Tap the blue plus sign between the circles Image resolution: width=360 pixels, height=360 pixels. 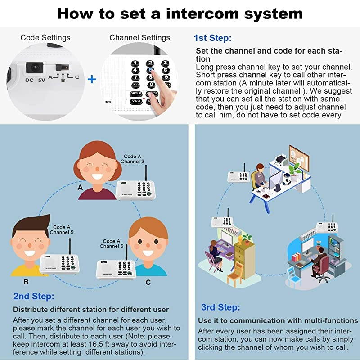tap(92, 79)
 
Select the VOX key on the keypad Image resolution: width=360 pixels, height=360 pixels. tap(135, 101)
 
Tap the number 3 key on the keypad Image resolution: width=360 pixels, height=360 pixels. tap(165, 63)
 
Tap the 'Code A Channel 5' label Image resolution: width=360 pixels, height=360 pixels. tap(62, 230)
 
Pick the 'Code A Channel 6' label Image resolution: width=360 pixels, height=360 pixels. tap(112, 244)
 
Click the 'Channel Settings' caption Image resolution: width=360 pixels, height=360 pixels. tap(140, 37)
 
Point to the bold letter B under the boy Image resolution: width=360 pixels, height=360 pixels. tap(26, 282)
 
